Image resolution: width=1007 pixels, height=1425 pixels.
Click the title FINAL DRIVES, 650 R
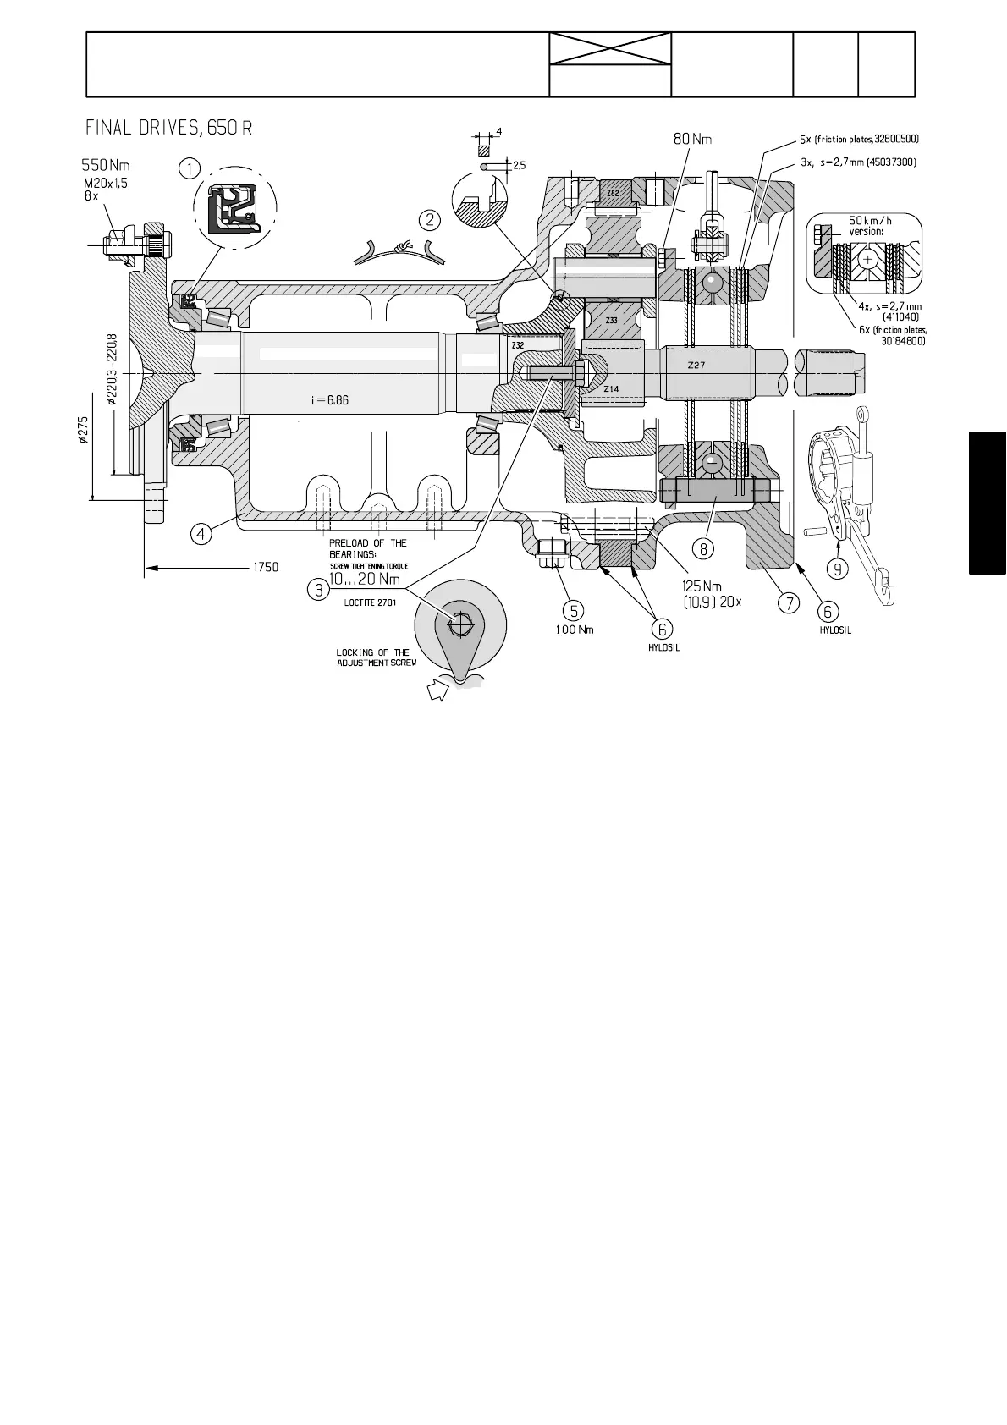pos(168,128)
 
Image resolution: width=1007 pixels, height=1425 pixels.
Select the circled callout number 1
pos(190,168)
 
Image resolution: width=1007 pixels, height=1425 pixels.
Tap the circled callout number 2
pos(430,220)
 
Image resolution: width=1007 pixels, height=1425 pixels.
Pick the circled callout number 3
pos(318,589)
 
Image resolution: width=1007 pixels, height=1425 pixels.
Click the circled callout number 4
pos(201,533)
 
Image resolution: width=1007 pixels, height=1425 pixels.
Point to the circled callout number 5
pos(574,609)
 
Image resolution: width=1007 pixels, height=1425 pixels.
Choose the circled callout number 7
pos(789,602)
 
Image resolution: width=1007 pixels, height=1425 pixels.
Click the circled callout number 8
pos(703,547)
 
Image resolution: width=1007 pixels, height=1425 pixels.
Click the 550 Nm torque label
pos(106,165)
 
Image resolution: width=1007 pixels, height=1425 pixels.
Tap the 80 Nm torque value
pos(692,137)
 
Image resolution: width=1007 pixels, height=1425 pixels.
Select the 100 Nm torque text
pos(574,630)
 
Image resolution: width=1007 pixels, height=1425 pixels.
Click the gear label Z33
pos(611,321)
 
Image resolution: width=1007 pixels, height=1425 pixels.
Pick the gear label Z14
pos(611,388)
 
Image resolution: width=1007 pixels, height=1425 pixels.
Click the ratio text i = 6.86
pos(329,399)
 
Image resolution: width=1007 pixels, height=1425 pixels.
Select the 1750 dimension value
pos(266,567)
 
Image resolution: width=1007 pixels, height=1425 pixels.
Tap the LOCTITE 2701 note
pos(370,602)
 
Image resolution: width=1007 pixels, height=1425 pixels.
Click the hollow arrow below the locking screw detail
pos(438,690)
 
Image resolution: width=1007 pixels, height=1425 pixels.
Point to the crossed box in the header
pos(609,50)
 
